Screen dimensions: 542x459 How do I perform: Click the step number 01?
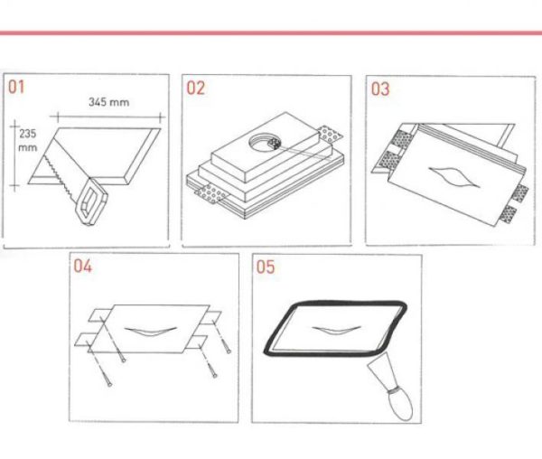click(16, 87)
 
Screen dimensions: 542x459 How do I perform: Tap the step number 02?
click(195, 88)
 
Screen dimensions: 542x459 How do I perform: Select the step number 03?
click(380, 89)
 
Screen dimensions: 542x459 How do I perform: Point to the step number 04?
click(82, 267)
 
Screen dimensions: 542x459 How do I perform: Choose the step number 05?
click(265, 267)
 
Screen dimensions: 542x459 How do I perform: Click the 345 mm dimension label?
click(109, 102)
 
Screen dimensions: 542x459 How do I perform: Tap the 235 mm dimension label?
click(28, 141)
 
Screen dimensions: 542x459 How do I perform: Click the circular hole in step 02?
click(265, 143)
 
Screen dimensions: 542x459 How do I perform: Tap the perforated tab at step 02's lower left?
click(210, 193)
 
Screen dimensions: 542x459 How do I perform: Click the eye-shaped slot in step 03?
click(454, 176)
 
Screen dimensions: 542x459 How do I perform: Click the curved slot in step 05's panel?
click(336, 330)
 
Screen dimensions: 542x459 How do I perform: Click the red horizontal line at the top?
click(271, 33)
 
